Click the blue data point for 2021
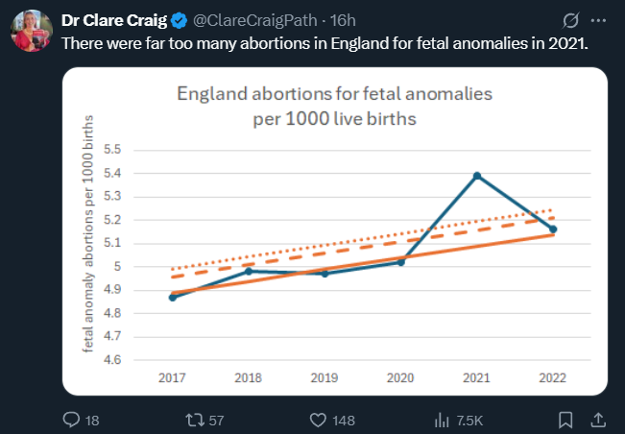coord(476,176)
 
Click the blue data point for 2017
coord(173,298)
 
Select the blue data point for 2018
coord(249,271)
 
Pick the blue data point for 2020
coord(400,262)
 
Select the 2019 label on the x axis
coord(325,378)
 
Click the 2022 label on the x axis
coord(552,378)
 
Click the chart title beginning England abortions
coord(334,107)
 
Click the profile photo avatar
coord(32,30)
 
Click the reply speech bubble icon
coord(70,420)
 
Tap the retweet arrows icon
coord(195,420)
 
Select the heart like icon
coord(319,420)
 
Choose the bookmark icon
coord(565,420)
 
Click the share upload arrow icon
coord(596,420)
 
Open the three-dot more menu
coord(599,20)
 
